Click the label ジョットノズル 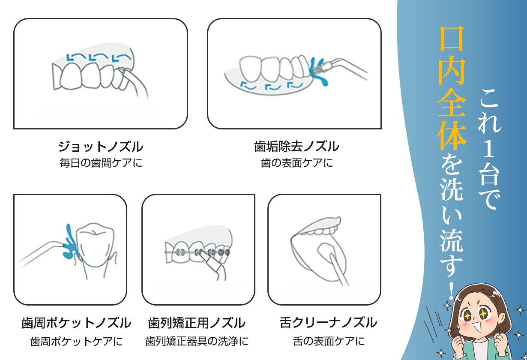(101, 146)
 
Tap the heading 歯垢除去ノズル (296, 146)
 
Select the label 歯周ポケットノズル (76, 323)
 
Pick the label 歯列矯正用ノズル (197, 323)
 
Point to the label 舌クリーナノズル (329, 322)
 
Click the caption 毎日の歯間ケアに (101, 163)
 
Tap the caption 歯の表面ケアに (297, 163)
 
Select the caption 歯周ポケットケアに (76, 342)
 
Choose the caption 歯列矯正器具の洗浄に (197, 341)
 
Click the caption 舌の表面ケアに (329, 341)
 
